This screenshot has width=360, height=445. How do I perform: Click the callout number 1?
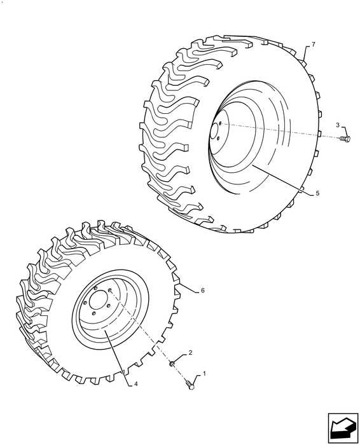point(205,374)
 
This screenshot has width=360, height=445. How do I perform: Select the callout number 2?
point(189,352)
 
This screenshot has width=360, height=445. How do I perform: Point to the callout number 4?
point(135,383)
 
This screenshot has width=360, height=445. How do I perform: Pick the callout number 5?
point(318,193)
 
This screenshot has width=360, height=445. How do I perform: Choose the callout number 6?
point(202,290)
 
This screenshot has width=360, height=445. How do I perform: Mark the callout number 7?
point(313,45)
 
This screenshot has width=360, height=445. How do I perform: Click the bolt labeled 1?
point(191,384)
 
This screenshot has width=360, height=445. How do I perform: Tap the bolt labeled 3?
point(345,137)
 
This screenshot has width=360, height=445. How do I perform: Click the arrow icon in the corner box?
point(341,427)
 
